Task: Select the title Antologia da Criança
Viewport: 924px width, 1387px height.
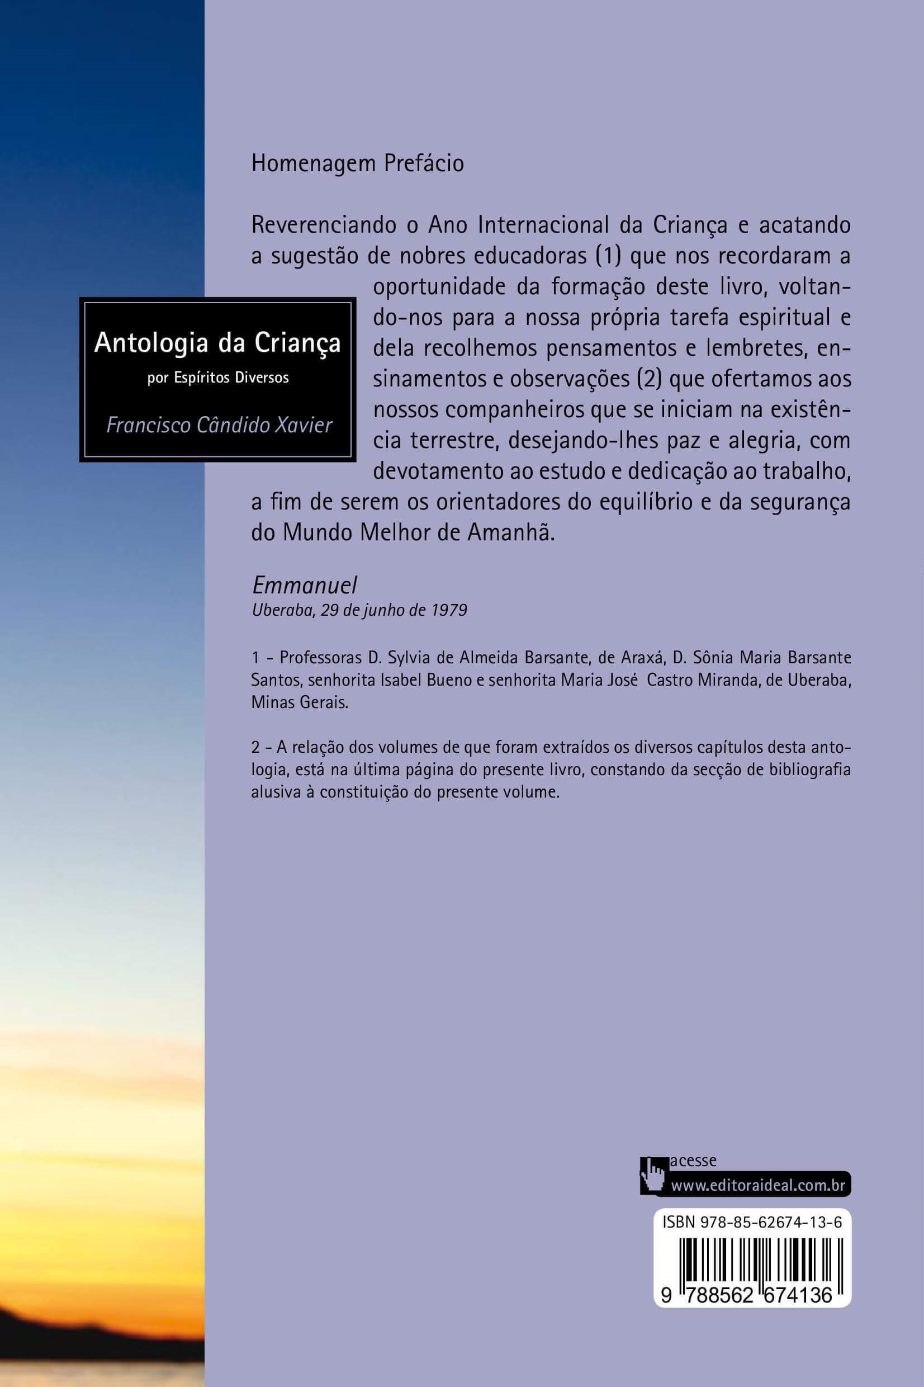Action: coord(217,342)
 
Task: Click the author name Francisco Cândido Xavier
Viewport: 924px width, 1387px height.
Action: coord(219,425)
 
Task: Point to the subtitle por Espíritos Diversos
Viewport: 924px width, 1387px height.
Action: coord(218,378)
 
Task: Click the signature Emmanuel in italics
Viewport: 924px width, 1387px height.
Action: coord(305,585)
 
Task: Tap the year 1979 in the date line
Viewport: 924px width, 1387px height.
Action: coord(449,610)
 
